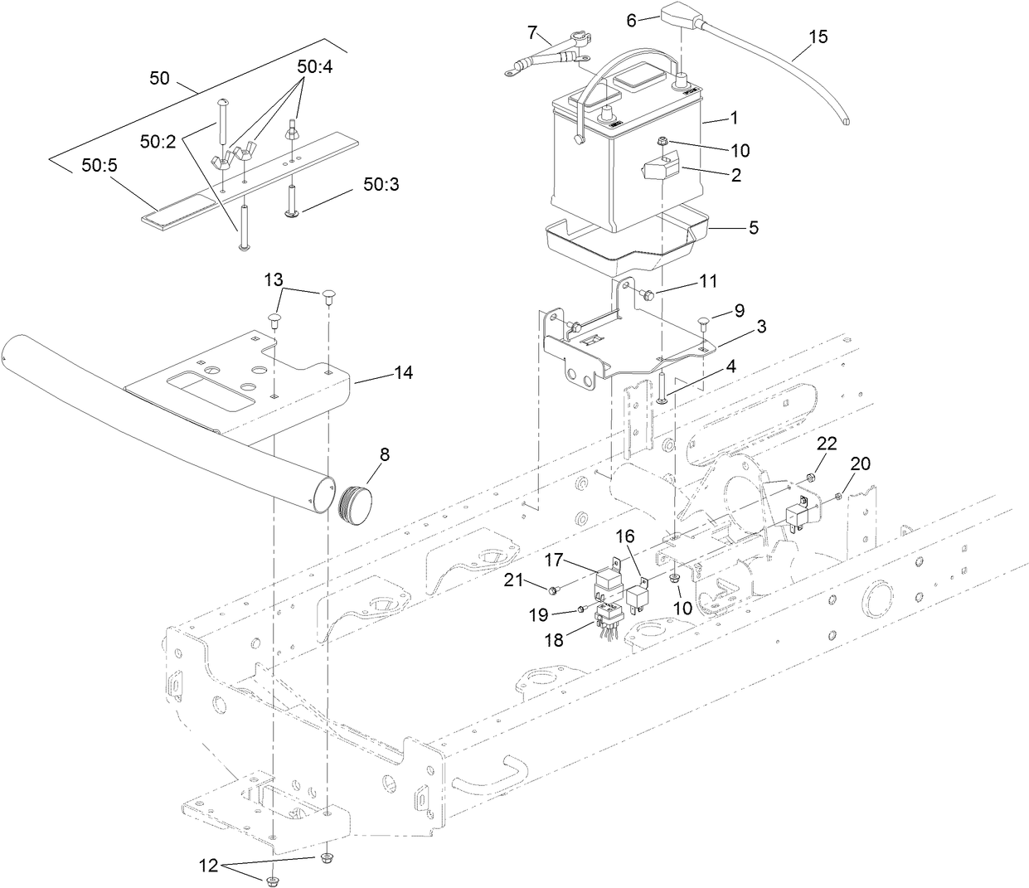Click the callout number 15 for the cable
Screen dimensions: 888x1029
(x=817, y=37)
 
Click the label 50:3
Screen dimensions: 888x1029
(x=381, y=184)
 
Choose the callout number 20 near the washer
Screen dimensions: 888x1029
(x=861, y=464)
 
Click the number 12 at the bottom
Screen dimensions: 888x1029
(x=208, y=866)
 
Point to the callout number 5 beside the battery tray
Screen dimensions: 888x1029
(x=753, y=227)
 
